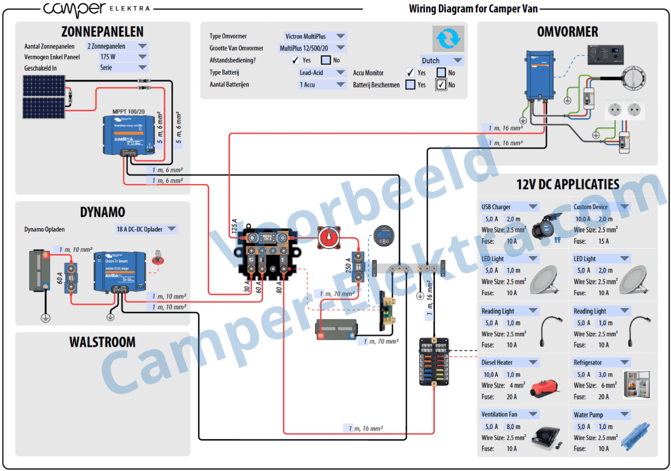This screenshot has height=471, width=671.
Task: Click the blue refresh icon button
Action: [x=448, y=38]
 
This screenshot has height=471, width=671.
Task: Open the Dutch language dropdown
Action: [x=441, y=61]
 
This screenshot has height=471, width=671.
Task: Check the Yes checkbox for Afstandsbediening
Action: [x=295, y=60]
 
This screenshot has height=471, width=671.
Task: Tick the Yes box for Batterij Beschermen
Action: [x=410, y=85]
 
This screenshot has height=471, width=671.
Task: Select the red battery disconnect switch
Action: [x=329, y=238]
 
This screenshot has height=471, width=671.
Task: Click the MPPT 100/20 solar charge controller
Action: [x=129, y=135]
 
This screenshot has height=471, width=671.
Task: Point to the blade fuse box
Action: [x=434, y=362]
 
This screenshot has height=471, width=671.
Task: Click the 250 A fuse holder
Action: [x=358, y=267]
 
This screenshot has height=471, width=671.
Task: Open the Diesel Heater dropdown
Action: [x=510, y=362]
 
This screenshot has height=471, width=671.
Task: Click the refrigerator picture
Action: [x=636, y=384]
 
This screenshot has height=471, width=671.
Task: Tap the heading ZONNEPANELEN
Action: [x=102, y=32]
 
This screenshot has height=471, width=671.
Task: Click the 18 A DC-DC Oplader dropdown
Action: [x=146, y=229]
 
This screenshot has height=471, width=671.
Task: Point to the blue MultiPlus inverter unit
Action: [x=540, y=75]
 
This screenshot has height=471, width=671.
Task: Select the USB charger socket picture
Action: [x=549, y=225]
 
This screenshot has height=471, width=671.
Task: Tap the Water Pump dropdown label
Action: [x=601, y=415]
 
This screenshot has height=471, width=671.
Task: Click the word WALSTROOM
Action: [x=102, y=342]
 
